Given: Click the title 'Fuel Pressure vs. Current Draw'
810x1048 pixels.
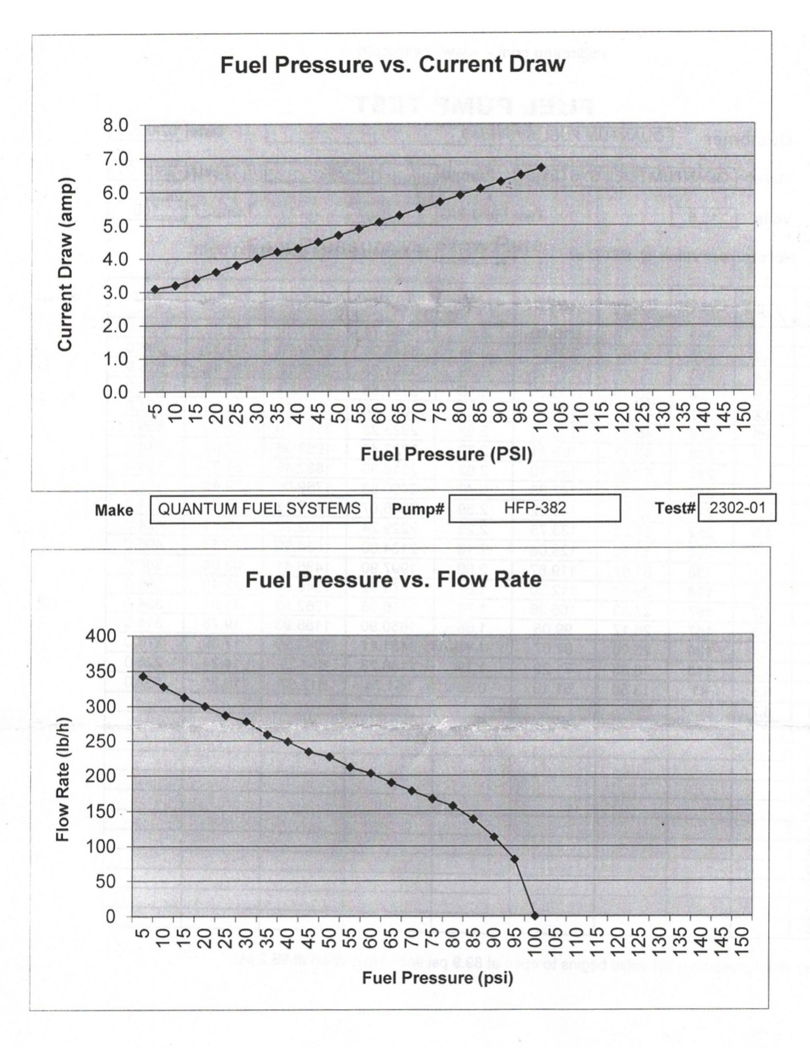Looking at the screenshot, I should coord(392,65).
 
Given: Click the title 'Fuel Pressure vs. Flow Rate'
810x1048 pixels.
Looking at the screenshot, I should coord(393,580).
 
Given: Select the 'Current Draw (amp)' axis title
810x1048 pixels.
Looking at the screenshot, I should coord(65,264).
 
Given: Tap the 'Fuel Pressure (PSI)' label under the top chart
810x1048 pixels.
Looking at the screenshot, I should coord(446,454).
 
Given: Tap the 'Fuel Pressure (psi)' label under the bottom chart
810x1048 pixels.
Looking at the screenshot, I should coord(437,978).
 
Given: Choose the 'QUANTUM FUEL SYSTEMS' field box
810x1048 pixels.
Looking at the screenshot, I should coord(261,509).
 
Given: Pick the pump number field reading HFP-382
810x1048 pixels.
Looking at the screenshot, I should coord(534,508).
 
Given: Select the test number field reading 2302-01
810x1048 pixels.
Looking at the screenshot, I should coord(737,508).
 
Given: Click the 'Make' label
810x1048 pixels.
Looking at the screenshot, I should coord(114,510).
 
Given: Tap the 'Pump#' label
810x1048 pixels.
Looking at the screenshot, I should coord(418,510).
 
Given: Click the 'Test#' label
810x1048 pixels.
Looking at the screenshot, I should coord(674,509).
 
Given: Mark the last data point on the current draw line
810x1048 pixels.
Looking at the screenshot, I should coord(541,168).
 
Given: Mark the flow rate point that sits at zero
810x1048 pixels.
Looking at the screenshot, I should coord(534,916).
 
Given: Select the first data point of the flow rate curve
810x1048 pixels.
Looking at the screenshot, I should coord(143,676).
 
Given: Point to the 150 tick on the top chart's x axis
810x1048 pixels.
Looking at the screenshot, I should coord(743,417).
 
